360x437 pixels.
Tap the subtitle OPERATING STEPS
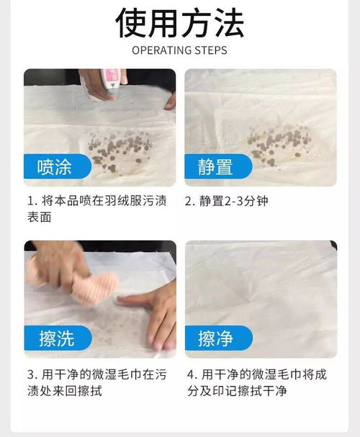(180, 50)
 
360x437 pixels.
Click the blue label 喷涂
(55, 168)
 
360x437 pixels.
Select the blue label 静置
(215, 168)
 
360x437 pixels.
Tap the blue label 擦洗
(56, 338)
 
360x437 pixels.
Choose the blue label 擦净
(215, 338)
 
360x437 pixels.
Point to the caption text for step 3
(97, 382)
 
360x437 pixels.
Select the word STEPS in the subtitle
(211, 50)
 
